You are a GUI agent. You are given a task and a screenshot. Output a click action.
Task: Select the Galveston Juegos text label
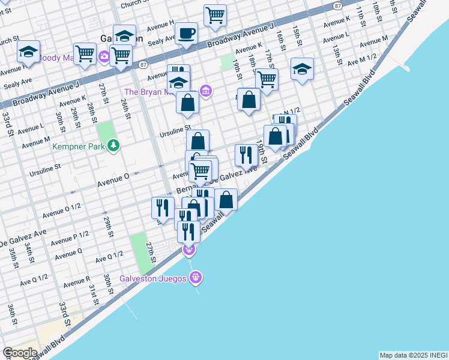coord(153,278)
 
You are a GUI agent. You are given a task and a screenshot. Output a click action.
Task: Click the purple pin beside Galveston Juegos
coord(195,277)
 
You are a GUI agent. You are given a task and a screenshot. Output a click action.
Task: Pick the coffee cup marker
coord(186,32)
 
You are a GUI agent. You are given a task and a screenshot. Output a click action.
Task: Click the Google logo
coord(20,353)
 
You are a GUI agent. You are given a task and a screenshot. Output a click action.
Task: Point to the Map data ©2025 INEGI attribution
coord(413,355)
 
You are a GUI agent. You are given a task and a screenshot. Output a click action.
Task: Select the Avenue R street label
coord(76,281)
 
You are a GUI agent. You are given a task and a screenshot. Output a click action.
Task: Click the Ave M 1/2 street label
coord(362,59)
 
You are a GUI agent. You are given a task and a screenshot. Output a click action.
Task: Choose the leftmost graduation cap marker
coord(28,52)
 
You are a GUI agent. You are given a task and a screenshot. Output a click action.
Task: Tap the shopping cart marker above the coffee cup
coord(215,15)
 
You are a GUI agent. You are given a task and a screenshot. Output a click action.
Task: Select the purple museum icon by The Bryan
coord(205,91)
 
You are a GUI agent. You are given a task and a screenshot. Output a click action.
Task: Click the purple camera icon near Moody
coord(104,58)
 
